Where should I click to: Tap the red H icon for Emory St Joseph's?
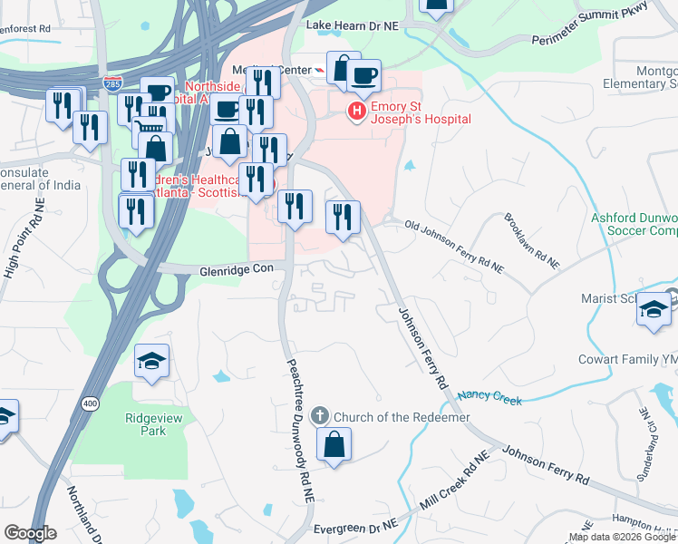tap(357, 111)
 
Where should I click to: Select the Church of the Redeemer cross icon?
tap(319, 416)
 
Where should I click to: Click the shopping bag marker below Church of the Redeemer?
tap(334, 445)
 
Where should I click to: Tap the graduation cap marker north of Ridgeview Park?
tap(152, 362)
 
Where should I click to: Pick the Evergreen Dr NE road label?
tap(355, 527)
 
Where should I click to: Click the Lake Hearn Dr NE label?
tap(353, 26)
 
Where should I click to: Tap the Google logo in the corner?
tap(30, 533)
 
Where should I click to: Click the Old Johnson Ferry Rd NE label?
tap(453, 245)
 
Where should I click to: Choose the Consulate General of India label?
tap(40, 179)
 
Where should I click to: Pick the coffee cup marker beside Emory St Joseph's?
tap(364, 76)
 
